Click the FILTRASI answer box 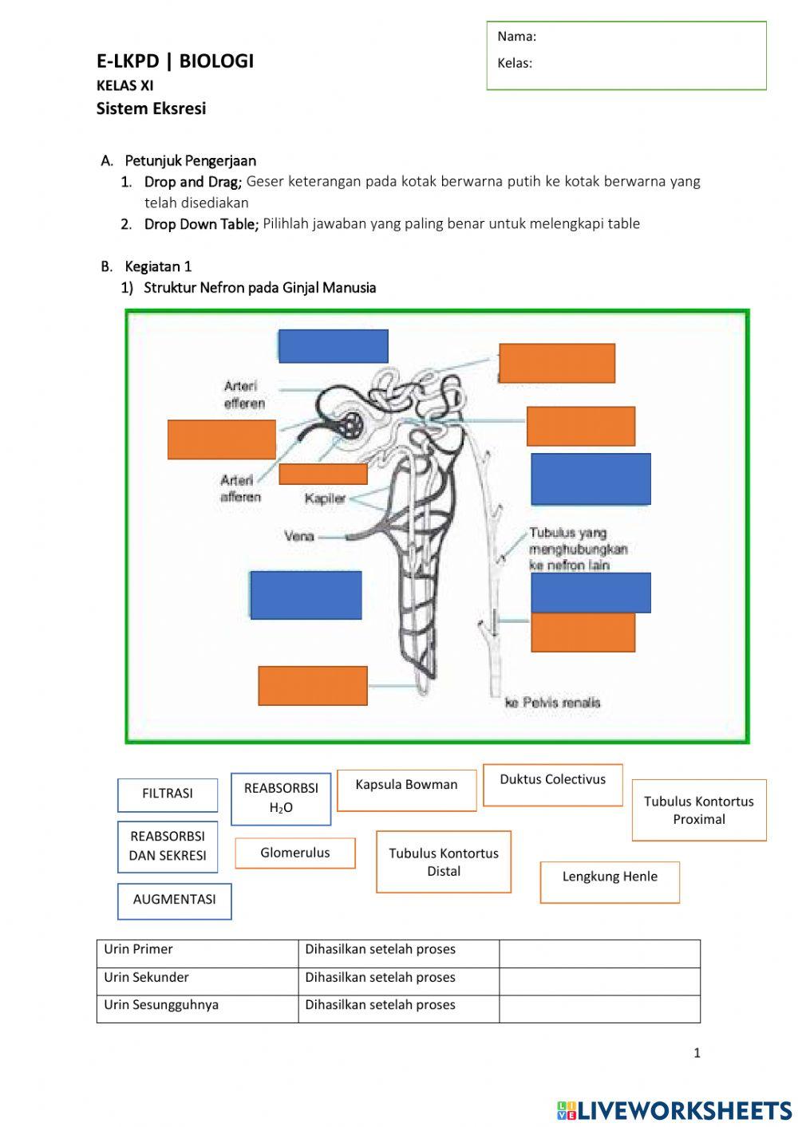[x=168, y=794]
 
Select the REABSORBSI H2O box [x=281, y=798]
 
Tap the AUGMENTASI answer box [x=174, y=900]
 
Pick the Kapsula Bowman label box [x=406, y=790]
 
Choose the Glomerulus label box [x=294, y=853]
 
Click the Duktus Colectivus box [x=552, y=784]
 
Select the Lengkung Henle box [x=610, y=881]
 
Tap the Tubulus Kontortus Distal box [x=443, y=862]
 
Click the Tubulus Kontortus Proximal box [x=698, y=810]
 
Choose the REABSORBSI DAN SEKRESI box [x=168, y=846]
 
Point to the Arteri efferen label [x=244, y=395]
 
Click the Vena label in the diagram [x=299, y=536]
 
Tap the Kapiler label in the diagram [x=325, y=498]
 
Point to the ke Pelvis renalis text [x=552, y=703]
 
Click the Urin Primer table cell [x=196, y=952]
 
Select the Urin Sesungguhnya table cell [x=196, y=1007]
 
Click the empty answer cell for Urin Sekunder [x=599, y=980]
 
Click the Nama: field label [x=516, y=37]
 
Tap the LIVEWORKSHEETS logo [x=674, y=1109]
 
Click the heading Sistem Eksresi [x=151, y=109]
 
